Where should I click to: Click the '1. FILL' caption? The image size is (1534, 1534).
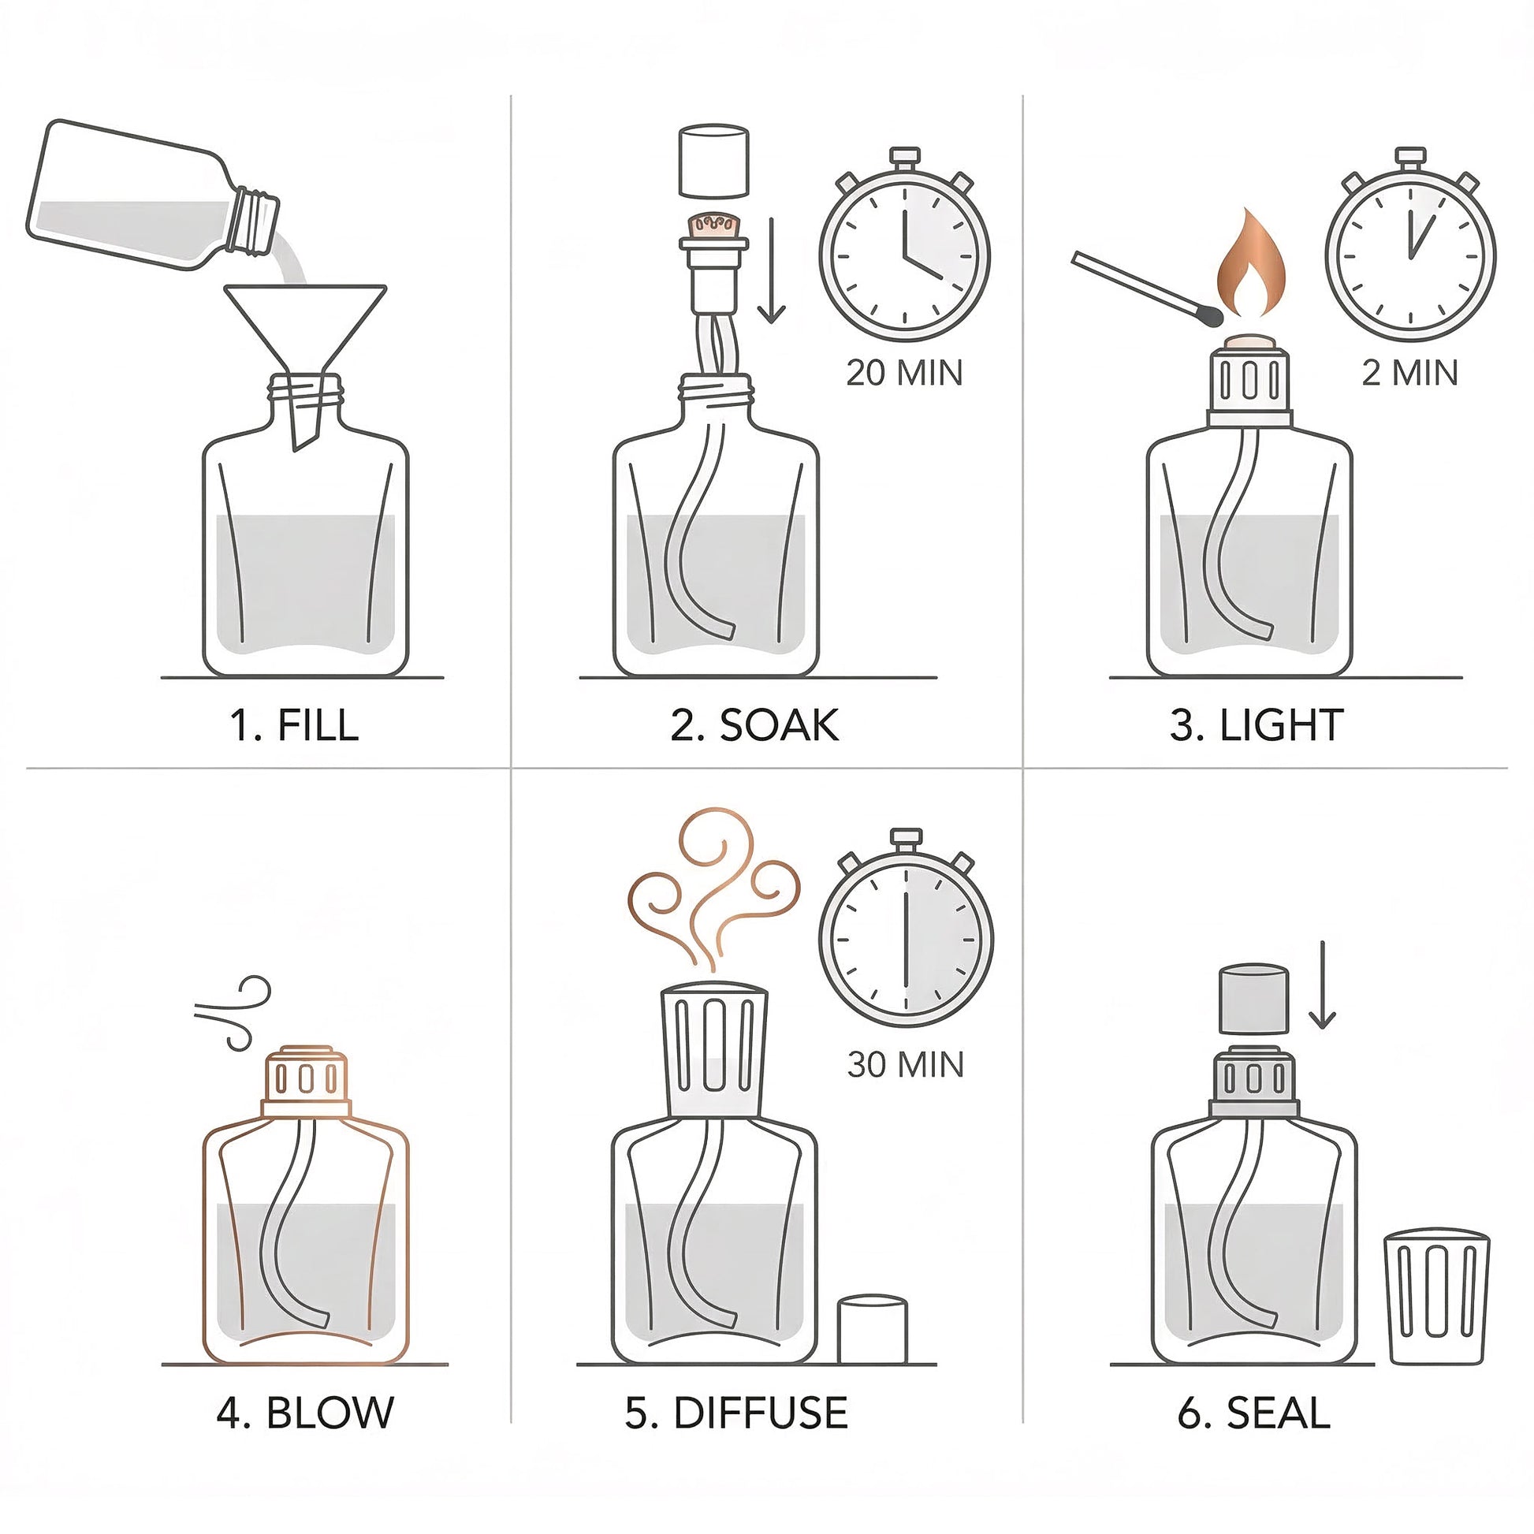click(x=294, y=725)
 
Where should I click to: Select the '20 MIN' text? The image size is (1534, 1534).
click(x=904, y=372)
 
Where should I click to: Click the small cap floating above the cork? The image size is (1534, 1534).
click(x=714, y=161)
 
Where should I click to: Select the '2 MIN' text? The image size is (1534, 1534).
click(x=1410, y=372)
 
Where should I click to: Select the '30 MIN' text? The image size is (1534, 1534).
click(x=905, y=1064)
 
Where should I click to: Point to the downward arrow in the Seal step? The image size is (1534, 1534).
click(x=1322, y=985)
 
